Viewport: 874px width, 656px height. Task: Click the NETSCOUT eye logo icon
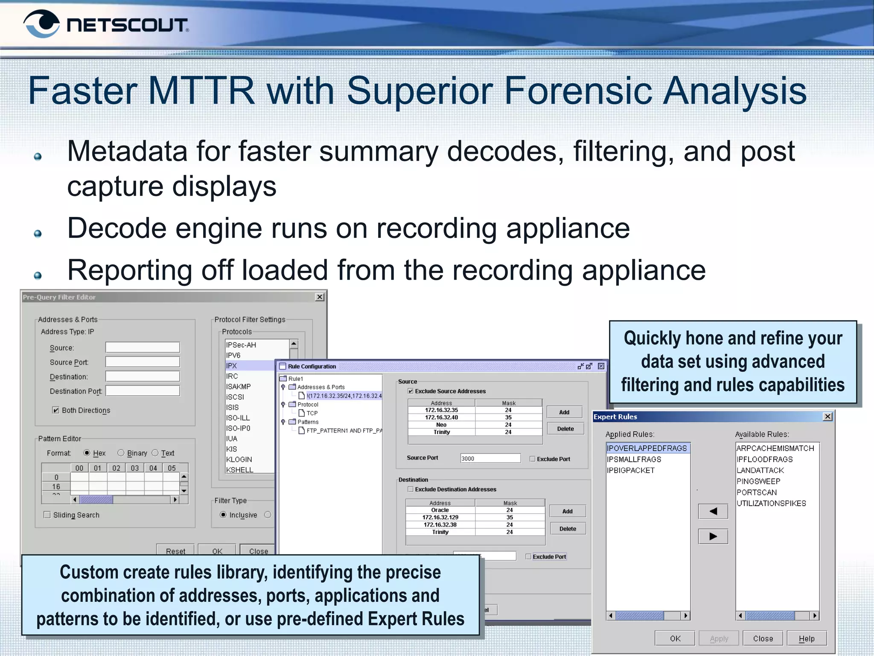[x=41, y=23]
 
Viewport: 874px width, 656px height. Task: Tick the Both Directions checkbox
[x=55, y=410]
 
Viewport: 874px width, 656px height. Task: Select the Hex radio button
[x=87, y=453]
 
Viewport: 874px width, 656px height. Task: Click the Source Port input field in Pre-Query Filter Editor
[x=143, y=362]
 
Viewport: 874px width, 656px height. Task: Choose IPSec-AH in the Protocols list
[x=241, y=345]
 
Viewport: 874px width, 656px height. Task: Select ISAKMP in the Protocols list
[x=239, y=387]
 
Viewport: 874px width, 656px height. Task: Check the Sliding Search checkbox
[x=47, y=515]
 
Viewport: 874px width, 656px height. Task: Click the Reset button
[x=175, y=551]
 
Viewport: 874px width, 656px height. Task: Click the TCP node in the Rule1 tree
[x=312, y=413]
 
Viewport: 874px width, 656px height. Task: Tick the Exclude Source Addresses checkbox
[x=411, y=391]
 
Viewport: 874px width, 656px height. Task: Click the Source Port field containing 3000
[x=490, y=458]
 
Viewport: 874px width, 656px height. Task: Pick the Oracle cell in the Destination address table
[x=440, y=510]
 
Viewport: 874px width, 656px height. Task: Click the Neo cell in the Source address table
[x=441, y=425]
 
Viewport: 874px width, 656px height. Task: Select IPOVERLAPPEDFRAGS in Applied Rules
[x=647, y=448]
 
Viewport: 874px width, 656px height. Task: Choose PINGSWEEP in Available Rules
[x=758, y=481]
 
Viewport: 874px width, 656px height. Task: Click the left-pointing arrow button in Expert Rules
[x=713, y=511]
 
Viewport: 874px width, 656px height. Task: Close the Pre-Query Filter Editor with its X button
[x=320, y=297]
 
